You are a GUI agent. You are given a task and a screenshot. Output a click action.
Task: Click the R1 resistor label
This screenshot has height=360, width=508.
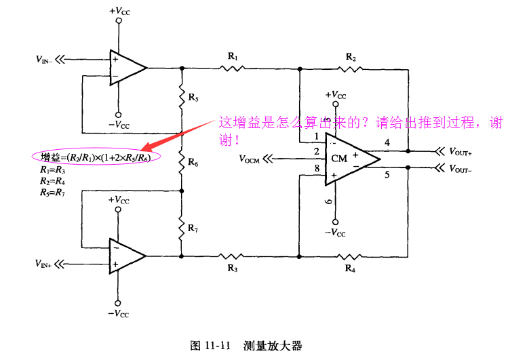[x=233, y=57]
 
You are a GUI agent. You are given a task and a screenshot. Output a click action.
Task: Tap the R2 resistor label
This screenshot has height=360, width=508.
[x=351, y=58]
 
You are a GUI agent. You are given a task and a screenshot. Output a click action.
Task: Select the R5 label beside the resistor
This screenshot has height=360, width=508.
[x=193, y=97]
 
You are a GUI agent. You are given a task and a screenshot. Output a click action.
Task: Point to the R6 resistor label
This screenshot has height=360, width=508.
[x=193, y=162]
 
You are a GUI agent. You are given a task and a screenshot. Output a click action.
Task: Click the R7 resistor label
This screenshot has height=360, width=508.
[x=193, y=228]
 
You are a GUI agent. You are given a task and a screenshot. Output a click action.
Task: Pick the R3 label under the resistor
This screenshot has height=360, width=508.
[x=233, y=268]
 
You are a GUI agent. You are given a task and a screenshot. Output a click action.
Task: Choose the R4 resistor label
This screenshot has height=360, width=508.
[x=350, y=268]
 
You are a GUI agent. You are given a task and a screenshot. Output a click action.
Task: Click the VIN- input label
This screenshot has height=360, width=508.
[x=43, y=60]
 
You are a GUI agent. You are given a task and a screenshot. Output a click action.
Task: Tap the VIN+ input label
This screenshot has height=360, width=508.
[x=43, y=264]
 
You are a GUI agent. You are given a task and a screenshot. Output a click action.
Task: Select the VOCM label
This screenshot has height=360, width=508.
[x=249, y=159]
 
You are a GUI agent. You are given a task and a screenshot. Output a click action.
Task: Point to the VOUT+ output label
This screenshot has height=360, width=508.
[x=461, y=151]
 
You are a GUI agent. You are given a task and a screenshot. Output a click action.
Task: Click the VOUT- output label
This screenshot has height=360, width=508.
[x=461, y=169]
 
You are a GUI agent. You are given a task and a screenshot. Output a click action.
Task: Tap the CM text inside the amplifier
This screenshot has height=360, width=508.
[x=339, y=159]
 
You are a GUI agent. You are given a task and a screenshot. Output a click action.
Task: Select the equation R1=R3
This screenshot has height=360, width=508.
[x=53, y=169]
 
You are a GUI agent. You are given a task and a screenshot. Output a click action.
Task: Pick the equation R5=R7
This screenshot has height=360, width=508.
[x=53, y=193]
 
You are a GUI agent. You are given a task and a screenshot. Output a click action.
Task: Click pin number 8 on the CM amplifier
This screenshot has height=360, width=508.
[x=317, y=168]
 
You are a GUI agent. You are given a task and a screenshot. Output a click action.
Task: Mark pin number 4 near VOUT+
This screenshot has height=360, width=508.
[x=387, y=143]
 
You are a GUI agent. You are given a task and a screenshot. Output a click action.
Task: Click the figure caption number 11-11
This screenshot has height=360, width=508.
[x=218, y=346]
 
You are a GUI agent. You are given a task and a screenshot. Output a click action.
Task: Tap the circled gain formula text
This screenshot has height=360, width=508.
[x=96, y=157]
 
